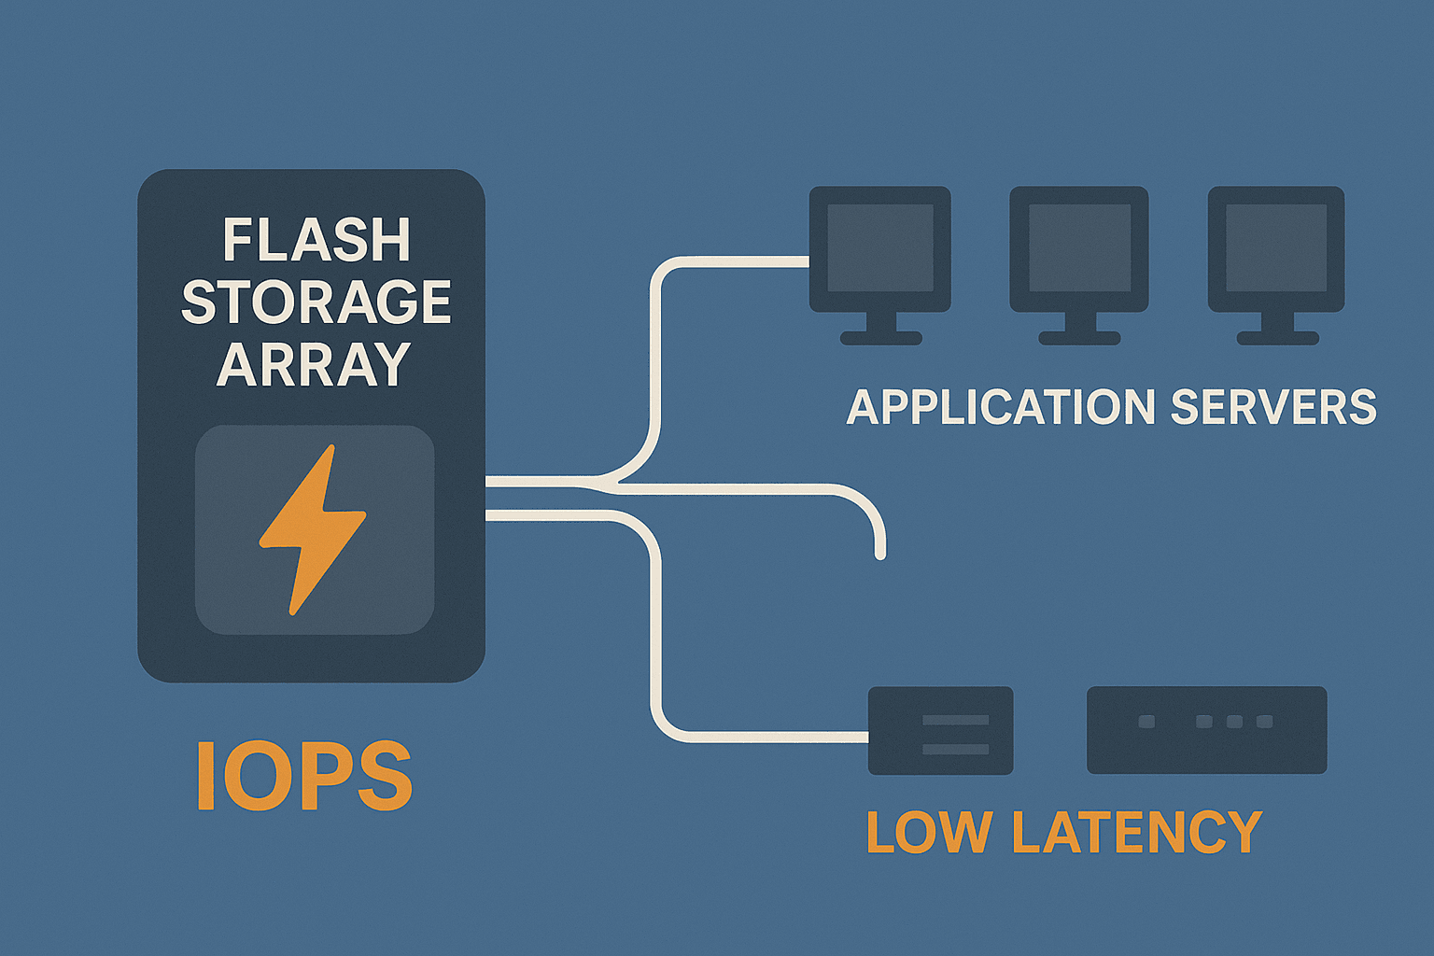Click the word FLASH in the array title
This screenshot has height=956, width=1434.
(316, 241)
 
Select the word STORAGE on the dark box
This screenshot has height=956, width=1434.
(316, 302)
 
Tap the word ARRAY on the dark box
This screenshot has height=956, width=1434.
(315, 364)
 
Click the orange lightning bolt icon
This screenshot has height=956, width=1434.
(313, 528)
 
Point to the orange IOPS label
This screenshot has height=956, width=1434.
(304, 777)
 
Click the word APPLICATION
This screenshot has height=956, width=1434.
(1001, 408)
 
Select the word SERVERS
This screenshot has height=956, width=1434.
(1273, 408)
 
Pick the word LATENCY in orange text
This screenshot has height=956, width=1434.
(1137, 832)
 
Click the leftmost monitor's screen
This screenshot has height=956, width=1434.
(880, 247)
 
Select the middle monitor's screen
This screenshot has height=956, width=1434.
(1079, 247)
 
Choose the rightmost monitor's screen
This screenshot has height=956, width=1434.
(1276, 247)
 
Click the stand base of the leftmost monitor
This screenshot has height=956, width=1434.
(881, 338)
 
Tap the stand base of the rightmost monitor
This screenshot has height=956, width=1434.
(1277, 338)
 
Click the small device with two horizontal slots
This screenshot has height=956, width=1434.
(940, 731)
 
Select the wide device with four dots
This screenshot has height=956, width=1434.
(1206, 730)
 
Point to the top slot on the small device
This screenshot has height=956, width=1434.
(955, 720)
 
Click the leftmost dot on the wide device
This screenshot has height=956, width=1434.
(1146, 722)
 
